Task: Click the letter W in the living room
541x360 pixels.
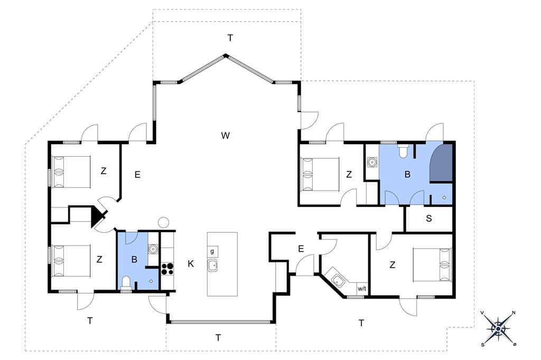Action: pyautogui.click(x=225, y=136)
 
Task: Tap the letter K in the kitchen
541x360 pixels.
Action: pyautogui.click(x=190, y=264)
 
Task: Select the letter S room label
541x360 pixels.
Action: pyautogui.click(x=429, y=219)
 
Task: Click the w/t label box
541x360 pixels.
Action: pyautogui.click(x=362, y=289)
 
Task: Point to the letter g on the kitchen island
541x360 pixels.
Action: pyautogui.click(x=212, y=251)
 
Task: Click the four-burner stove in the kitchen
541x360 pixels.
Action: pyautogui.click(x=167, y=269)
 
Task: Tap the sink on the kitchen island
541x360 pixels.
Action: pyautogui.click(x=212, y=266)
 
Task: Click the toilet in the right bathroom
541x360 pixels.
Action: pyautogui.click(x=403, y=151)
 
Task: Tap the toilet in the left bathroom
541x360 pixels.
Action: pyautogui.click(x=126, y=283)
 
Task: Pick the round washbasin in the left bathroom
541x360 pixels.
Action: pyautogui.click(x=153, y=249)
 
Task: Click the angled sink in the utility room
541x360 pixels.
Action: pyautogui.click(x=338, y=281)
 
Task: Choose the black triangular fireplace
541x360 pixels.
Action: pyautogui.click(x=97, y=216)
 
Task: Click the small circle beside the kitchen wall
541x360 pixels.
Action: pyautogui.click(x=163, y=222)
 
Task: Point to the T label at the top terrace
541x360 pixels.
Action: pyautogui.click(x=230, y=38)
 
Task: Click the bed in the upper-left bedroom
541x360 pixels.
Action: pyautogui.click(x=71, y=172)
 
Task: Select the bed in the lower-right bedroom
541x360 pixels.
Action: pyautogui.click(x=432, y=265)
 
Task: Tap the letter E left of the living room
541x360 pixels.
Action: pyautogui.click(x=137, y=175)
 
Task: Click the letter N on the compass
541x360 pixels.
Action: pyautogui.click(x=514, y=313)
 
